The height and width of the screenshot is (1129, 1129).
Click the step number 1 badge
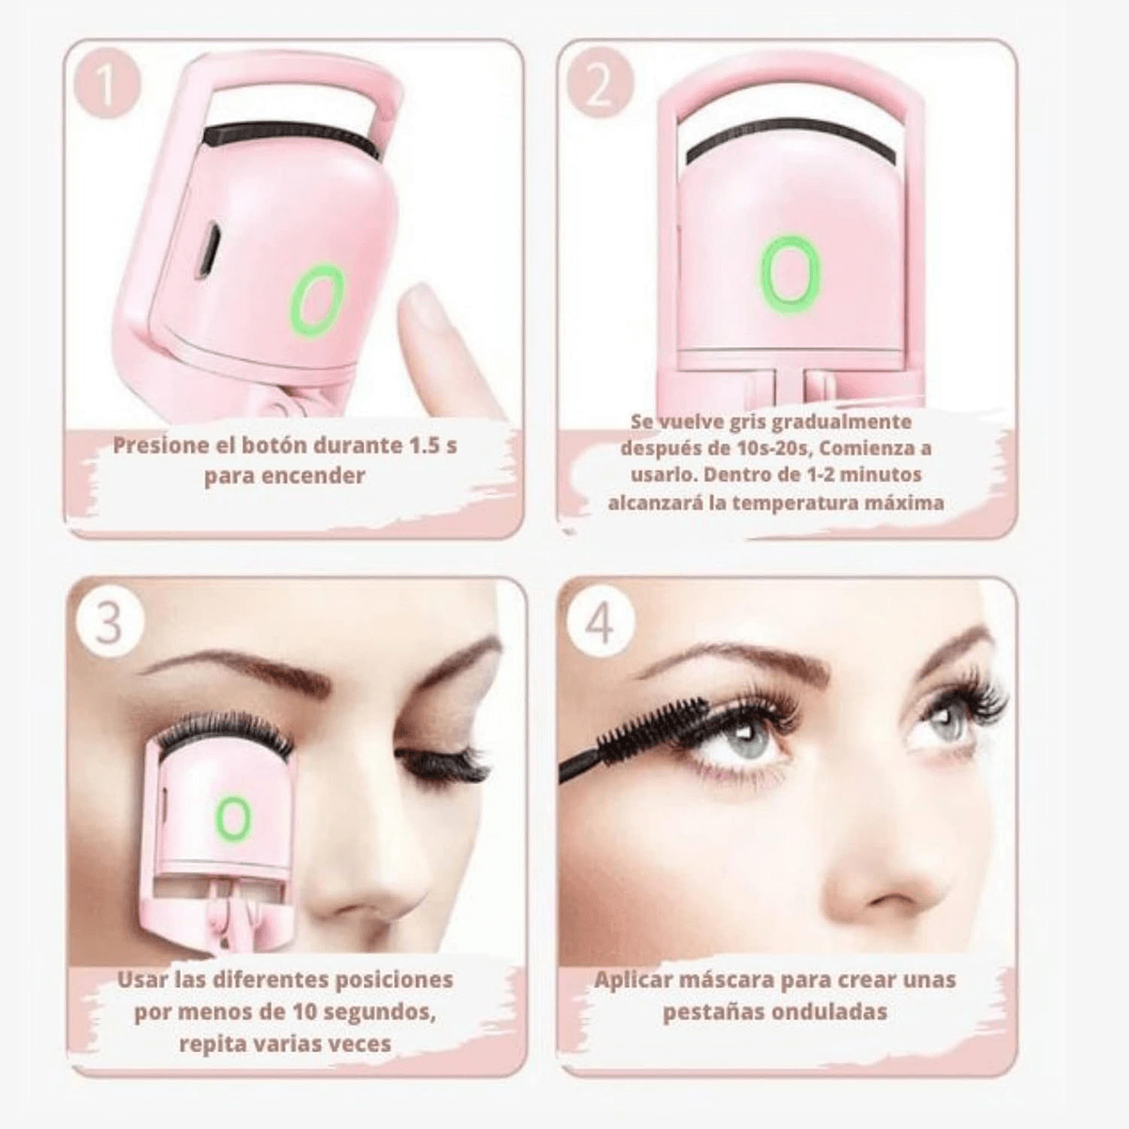[x=106, y=87]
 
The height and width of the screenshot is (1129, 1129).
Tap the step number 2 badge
[x=599, y=87]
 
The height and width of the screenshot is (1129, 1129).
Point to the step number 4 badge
[x=600, y=622]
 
